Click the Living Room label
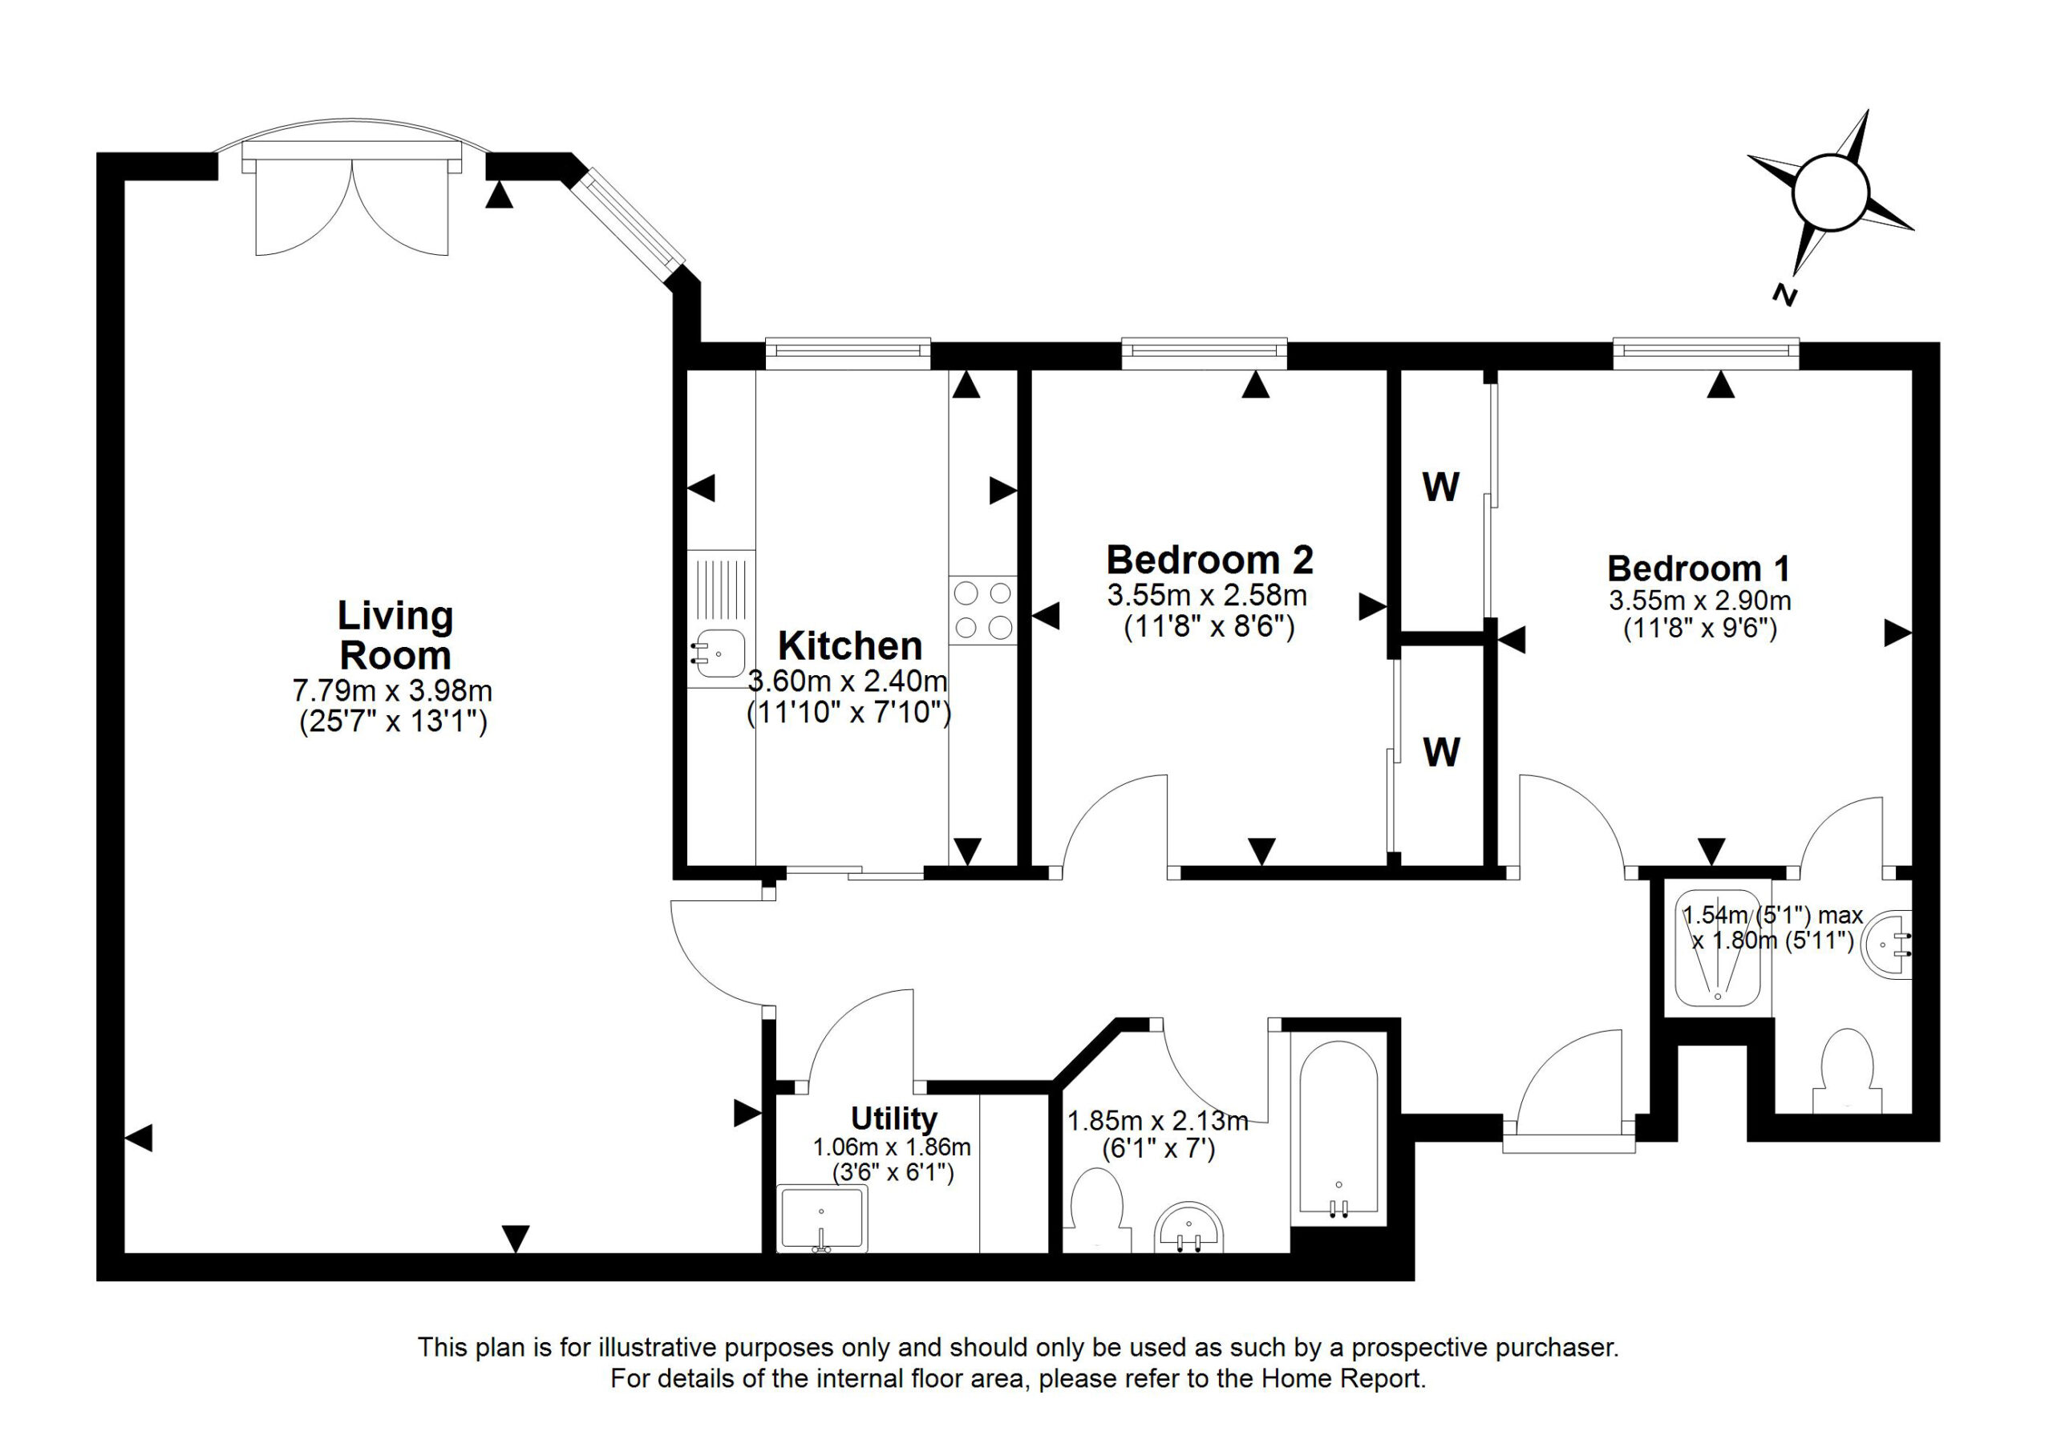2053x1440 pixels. (395, 635)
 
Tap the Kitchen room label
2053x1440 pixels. (849, 645)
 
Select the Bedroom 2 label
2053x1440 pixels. (1210, 560)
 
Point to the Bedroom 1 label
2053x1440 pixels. (1699, 568)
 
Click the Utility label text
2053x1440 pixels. (893, 1118)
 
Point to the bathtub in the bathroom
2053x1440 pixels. (1338, 1128)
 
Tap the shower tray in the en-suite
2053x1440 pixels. (1717, 949)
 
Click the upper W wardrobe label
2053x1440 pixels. (1440, 487)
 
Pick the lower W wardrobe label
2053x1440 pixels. (1441, 753)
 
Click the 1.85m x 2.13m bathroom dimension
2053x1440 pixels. (1158, 1120)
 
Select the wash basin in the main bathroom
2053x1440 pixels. (1189, 1228)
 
